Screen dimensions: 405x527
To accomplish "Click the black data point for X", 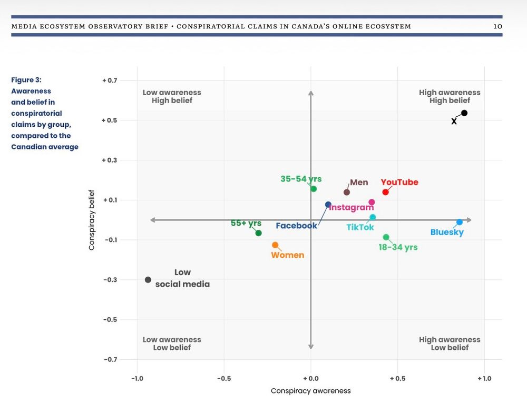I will pos(464,113).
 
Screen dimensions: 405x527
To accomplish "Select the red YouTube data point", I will pos(385,192).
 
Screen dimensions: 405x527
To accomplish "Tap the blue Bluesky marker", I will pos(460,222).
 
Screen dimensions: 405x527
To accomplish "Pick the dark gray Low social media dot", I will pos(148,280).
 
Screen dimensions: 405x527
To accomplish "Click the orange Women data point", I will pos(275,245).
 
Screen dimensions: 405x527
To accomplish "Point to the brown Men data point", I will pos(347,192).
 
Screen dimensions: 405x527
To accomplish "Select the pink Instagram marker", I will pos(372,202).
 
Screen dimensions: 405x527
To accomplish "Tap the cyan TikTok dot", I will pos(373,217).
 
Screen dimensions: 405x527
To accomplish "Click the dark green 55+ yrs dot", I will pos(258,233).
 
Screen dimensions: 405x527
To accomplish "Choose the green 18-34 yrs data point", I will pos(386,237).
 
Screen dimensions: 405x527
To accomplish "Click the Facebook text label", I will pos(296,226).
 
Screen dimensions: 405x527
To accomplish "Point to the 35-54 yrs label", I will pos(301,179).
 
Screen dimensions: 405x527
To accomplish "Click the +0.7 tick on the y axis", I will pos(109,80).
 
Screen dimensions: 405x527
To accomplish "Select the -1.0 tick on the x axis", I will pos(138,378).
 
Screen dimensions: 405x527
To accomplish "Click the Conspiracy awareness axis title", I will pos(310,391).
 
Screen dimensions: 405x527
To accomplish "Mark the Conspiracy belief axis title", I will pos(92,219).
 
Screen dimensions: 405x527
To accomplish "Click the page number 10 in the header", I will pos(497,26).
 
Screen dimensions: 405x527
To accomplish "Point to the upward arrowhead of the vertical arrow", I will pos(311,93).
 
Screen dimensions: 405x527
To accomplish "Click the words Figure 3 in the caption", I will pos(26,80).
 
